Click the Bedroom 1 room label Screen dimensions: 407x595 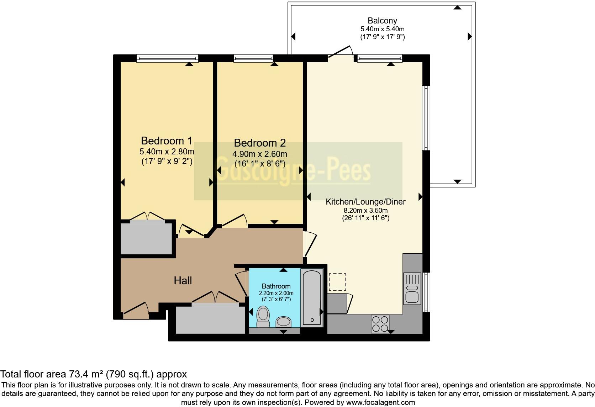(167, 141)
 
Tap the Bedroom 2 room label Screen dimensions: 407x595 (260, 143)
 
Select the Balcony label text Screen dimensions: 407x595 (382, 21)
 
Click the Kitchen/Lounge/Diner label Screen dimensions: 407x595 (365, 202)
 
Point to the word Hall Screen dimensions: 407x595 (183, 281)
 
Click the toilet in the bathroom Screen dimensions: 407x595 (263, 317)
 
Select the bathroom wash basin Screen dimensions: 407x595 (284, 322)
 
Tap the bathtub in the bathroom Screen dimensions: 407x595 (312, 297)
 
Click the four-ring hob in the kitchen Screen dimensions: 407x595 (380, 323)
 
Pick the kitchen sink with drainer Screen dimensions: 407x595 (412, 289)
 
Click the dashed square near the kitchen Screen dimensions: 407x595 (337, 282)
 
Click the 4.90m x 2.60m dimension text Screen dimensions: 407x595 (260, 154)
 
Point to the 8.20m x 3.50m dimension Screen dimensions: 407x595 (365, 211)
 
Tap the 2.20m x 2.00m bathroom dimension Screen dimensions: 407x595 (276, 293)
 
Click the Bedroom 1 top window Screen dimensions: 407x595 (167, 58)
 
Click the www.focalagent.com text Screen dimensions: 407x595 (380, 403)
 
